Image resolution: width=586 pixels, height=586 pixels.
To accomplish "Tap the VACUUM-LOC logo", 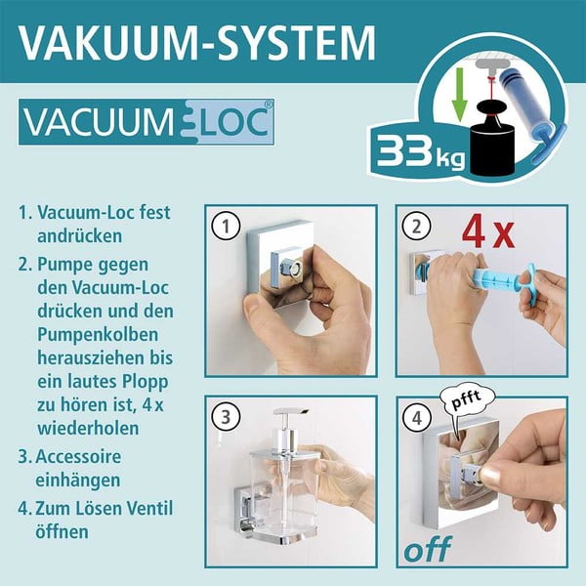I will [x=146, y=124].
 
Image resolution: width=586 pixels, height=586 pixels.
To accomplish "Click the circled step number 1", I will [x=227, y=228].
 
